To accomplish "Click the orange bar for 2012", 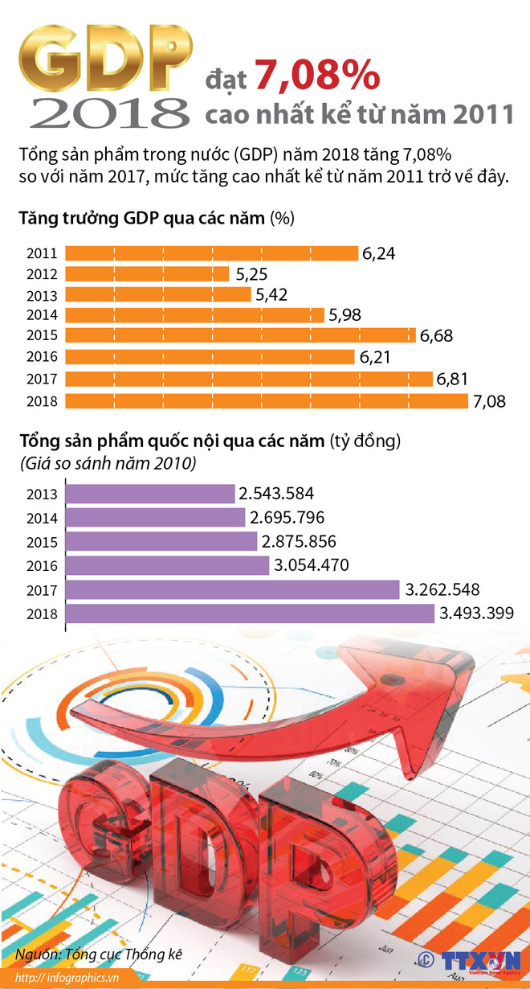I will [148, 274].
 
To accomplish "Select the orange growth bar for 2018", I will [266, 400].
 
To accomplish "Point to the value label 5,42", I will [272, 295].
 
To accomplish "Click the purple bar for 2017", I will [232, 590].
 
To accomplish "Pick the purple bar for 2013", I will [149, 494].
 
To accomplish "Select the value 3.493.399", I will [476, 614].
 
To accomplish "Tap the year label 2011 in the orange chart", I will [41, 253].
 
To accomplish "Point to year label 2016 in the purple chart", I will [41, 566].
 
